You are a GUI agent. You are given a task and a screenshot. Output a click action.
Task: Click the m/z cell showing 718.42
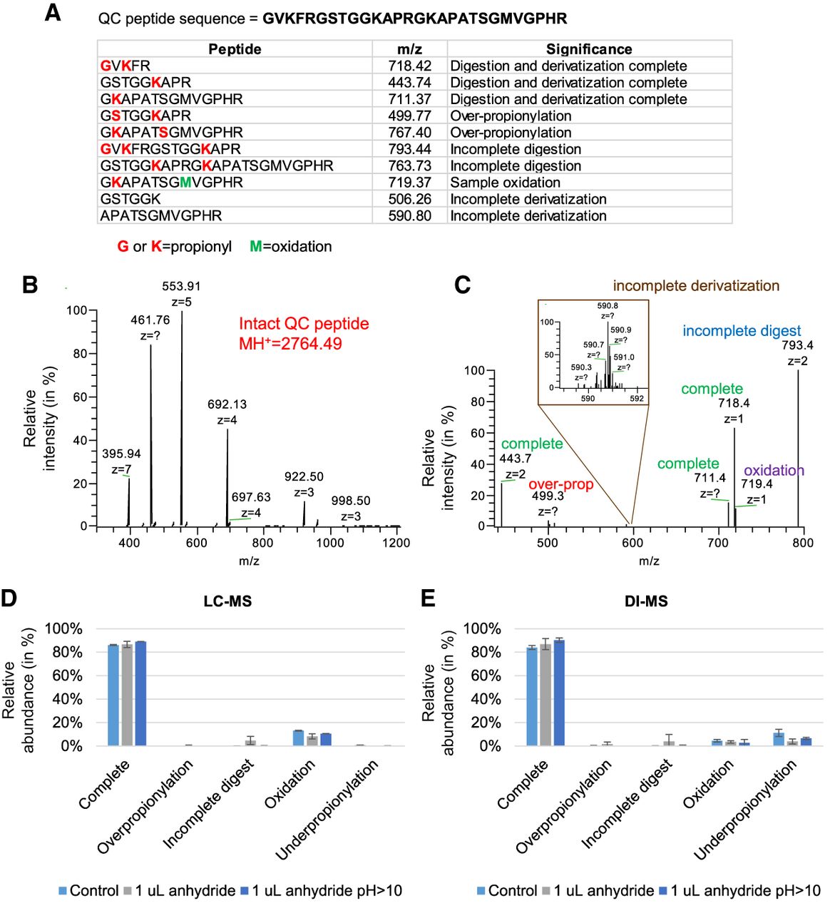[409, 66]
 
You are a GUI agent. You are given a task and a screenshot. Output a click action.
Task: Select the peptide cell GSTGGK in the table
[130, 199]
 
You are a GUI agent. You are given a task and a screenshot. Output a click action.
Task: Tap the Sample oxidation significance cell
[505, 183]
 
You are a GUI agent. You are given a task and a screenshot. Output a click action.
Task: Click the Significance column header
[589, 49]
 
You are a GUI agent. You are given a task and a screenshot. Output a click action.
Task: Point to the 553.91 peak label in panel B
[181, 286]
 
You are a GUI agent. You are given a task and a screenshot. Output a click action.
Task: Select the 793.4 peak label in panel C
[797, 345]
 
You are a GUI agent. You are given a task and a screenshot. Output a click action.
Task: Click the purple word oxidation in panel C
[774, 470]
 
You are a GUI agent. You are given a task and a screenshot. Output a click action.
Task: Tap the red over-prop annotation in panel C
[560, 484]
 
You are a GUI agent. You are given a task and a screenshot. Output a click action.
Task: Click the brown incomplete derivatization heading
[696, 286]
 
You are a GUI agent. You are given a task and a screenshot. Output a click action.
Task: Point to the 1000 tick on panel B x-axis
[329, 543]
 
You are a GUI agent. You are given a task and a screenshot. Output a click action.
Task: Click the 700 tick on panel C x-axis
[718, 543]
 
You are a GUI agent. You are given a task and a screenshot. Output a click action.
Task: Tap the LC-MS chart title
[227, 601]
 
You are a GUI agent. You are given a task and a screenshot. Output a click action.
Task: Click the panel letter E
[428, 598]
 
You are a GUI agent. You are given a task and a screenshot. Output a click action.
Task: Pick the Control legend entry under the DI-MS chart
[506, 891]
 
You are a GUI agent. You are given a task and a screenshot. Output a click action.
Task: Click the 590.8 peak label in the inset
[608, 306]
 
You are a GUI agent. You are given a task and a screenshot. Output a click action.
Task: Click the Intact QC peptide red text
[304, 324]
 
